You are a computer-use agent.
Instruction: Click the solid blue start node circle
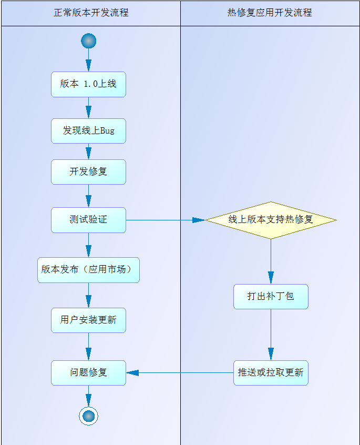coord(88,41)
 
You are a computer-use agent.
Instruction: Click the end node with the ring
coord(88,416)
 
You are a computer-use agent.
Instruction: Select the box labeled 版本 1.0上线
coord(88,84)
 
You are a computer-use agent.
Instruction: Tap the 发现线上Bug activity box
coord(88,131)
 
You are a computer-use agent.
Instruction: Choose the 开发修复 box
coord(88,172)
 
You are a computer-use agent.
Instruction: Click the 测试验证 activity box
coord(88,220)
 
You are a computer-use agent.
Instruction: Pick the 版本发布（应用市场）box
coord(88,270)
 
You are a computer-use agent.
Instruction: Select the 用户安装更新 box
coord(88,320)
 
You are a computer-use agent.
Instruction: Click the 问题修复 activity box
coord(88,372)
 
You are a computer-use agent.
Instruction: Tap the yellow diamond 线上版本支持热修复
coord(271,220)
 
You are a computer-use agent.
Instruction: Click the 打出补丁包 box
coord(271,297)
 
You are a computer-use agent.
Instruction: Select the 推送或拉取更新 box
coord(271,372)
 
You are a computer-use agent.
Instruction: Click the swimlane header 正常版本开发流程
coord(91,13)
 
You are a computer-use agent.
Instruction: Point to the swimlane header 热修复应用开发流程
coord(270,13)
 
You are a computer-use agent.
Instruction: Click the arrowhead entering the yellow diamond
coord(199,220)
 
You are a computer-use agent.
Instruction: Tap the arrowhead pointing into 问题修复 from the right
coord(132,372)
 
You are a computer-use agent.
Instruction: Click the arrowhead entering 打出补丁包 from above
coord(271,278)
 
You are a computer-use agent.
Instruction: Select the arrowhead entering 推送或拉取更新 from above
coord(271,354)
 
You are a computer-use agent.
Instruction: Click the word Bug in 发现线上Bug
coord(107,131)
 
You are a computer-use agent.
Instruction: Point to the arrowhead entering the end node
coord(88,400)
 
